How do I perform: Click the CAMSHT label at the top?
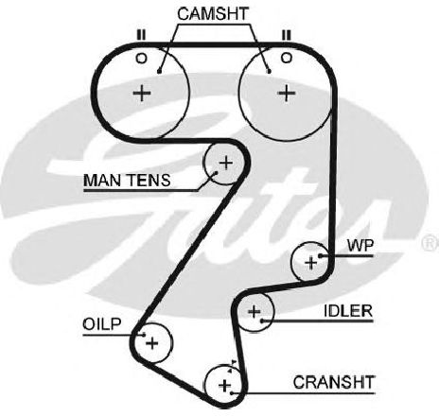[x=213, y=14]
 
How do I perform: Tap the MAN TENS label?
[x=127, y=181]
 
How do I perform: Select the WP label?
[x=360, y=246]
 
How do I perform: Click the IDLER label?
[x=348, y=311]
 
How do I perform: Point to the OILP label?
[x=101, y=324]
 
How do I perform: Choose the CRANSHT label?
[x=333, y=382]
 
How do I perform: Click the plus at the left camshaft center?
[x=142, y=93]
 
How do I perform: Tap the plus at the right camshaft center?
[x=287, y=93]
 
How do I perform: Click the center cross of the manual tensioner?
[x=226, y=163]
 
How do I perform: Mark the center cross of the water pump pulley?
[x=311, y=262]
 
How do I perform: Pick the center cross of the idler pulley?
[x=255, y=312]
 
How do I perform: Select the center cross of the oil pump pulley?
[x=152, y=343]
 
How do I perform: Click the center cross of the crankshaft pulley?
[x=225, y=385]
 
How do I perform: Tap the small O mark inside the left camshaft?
[x=141, y=59]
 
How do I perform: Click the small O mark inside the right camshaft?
[x=286, y=58]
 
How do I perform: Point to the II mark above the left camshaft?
[x=141, y=35]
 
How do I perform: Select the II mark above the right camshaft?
[x=286, y=35]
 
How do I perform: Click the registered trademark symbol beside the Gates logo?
[x=430, y=243]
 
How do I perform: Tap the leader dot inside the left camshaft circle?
[x=159, y=72]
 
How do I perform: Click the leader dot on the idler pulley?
[x=262, y=321]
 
